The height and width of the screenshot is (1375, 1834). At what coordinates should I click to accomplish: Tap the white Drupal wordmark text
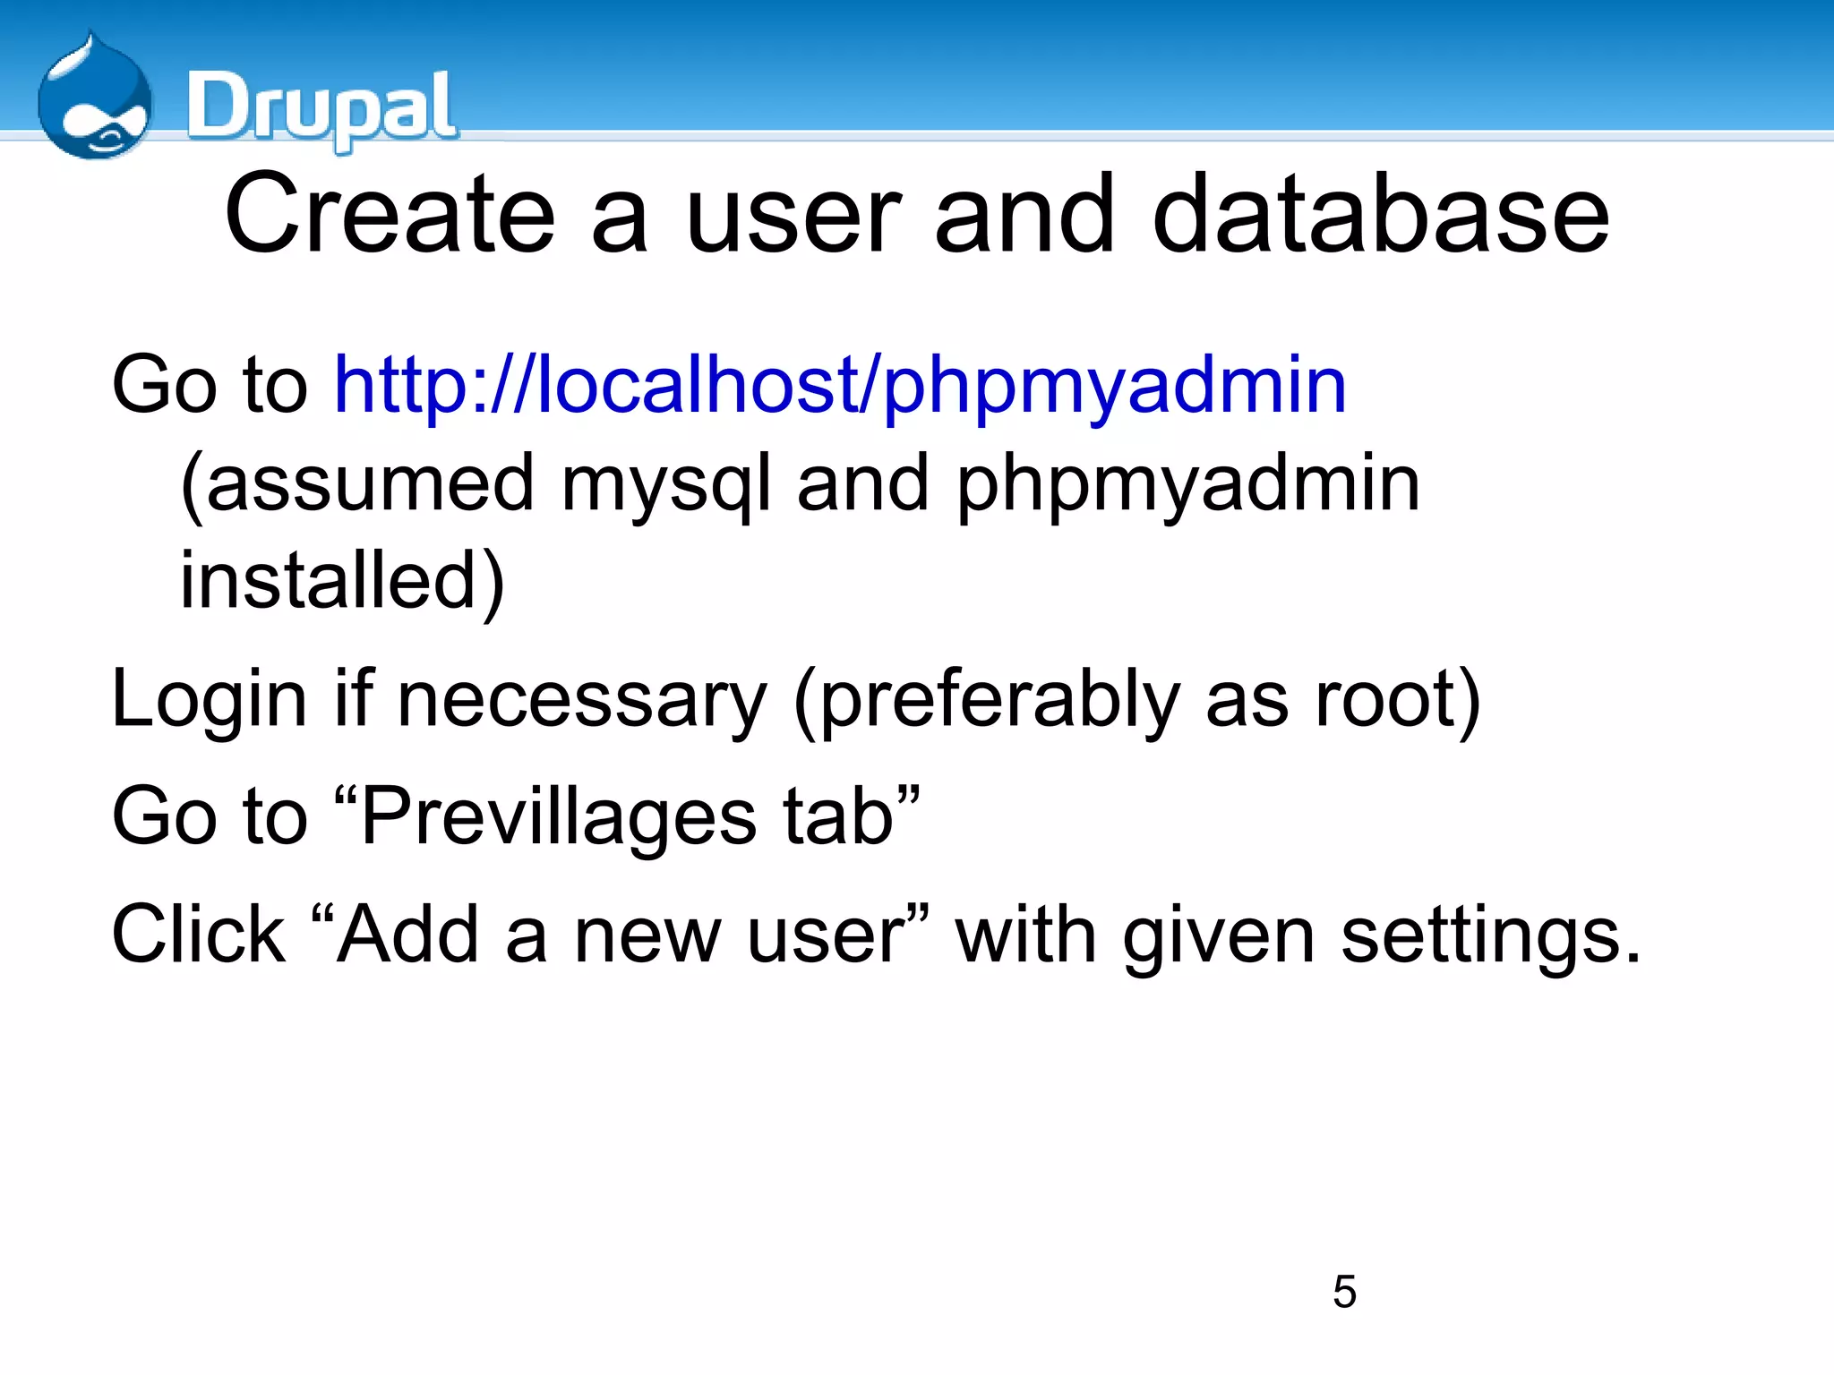322,107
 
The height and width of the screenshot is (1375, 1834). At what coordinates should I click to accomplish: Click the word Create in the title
390,215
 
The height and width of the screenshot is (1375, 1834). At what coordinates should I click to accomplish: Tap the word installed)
343,582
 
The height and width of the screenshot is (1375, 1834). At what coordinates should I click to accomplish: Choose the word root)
1397,700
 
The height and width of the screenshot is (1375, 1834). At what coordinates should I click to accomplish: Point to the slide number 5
1344,1292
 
